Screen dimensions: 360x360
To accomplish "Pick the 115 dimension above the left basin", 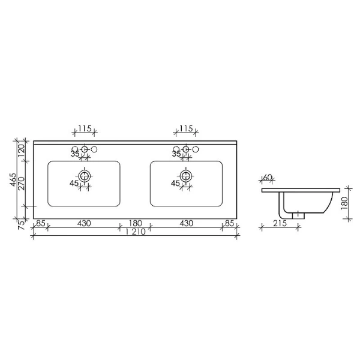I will pyautogui.click(x=85, y=129).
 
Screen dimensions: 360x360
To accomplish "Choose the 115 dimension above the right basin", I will pyautogui.click(x=186, y=129).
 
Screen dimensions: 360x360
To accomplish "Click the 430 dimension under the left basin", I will pyautogui.click(x=84, y=224).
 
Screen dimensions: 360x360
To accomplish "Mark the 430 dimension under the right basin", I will pyautogui.click(x=186, y=224).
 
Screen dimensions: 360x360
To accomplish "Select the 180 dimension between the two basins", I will pyautogui.click(x=135, y=224).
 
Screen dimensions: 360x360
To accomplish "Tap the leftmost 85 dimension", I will pyautogui.click(x=41, y=224).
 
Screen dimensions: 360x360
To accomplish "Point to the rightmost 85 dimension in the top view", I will pyautogui.click(x=230, y=224).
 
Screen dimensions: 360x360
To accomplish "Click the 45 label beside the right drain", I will pyautogui.click(x=176, y=183).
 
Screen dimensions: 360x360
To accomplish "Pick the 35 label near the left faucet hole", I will pyautogui.click(x=75, y=154).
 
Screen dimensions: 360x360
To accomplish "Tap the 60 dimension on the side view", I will pyautogui.click(x=268, y=178).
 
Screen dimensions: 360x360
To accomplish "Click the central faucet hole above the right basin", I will pyautogui.click(x=186, y=149).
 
